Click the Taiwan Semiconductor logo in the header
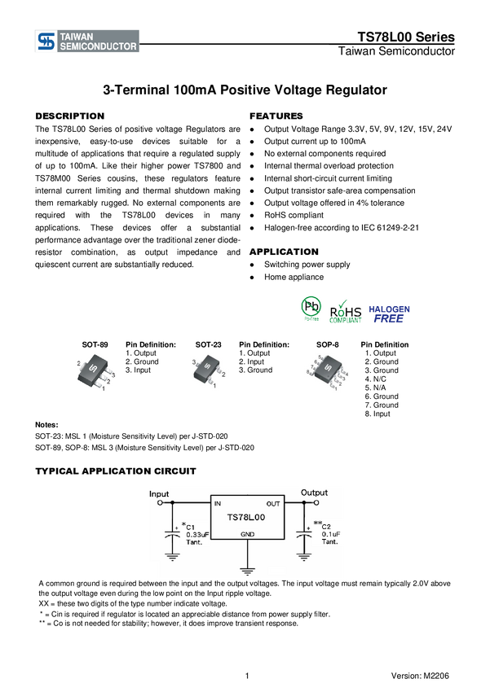[87, 41]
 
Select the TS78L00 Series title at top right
[406, 37]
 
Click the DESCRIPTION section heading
[70, 116]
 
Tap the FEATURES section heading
[276, 116]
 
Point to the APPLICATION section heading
[284, 252]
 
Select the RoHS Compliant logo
[345, 313]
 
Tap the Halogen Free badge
[389, 314]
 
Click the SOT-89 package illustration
[94, 374]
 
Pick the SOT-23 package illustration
[208, 371]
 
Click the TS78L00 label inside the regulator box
[246, 517]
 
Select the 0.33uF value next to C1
[197, 534]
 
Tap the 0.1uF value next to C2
[330, 534]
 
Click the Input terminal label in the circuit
[159, 494]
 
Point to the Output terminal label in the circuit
[314, 493]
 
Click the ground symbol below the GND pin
[247, 571]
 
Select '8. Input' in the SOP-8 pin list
[377, 414]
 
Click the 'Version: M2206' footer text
[420, 676]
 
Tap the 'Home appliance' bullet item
[294, 277]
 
